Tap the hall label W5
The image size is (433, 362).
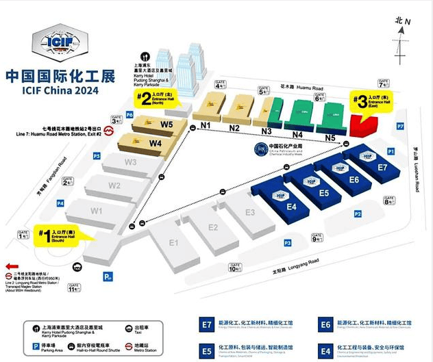(x=166, y=125)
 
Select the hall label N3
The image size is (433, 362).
(x=266, y=131)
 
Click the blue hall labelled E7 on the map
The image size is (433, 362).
(x=382, y=167)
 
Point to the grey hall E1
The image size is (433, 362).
(x=173, y=243)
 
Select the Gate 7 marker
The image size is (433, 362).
(x=384, y=83)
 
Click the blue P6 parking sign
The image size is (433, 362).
(x=129, y=114)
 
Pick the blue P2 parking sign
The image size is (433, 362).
(x=357, y=214)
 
